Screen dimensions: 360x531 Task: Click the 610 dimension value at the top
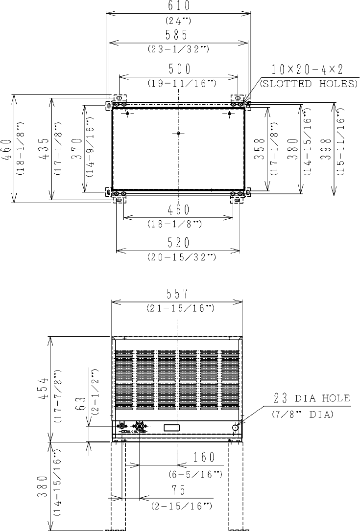point(179,5)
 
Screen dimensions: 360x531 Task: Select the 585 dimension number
point(176,35)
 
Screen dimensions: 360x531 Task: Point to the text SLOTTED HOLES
point(309,84)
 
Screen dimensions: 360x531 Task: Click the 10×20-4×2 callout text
point(308,69)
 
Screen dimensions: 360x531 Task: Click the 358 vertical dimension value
point(260,148)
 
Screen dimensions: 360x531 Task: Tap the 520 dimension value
point(179,243)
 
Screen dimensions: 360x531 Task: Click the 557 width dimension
point(177,294)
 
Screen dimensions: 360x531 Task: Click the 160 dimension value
point(204,457)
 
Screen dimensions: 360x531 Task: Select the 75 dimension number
point(178,490)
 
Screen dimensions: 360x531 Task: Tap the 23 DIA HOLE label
point(312,398)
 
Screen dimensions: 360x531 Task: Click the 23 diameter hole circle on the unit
point(235,428)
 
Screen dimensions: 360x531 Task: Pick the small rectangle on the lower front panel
point(172,428)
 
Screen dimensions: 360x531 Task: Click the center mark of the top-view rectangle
point(178,133)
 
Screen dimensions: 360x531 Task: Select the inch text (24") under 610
point(178,21)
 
